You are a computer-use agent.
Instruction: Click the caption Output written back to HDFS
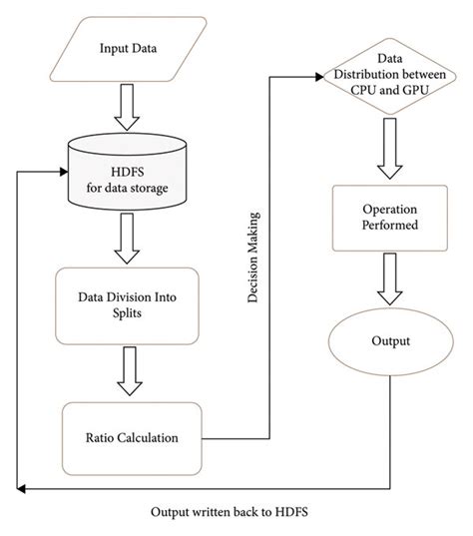236,512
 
